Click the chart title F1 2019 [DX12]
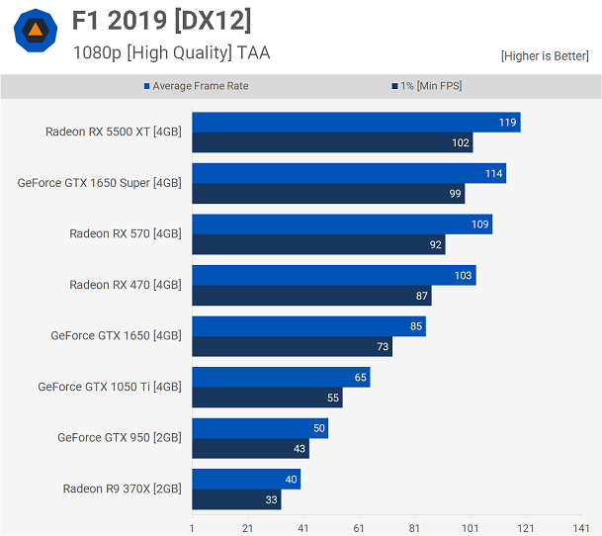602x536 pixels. point(162,20)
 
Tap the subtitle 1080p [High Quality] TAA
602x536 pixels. point(171,52)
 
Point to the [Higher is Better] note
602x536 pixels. point(545,56)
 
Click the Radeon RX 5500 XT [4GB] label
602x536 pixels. point(113,132)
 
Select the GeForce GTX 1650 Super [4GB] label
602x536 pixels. point(99,183)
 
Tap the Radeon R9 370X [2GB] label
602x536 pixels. point(122,489)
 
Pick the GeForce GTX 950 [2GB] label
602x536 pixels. point(119,437)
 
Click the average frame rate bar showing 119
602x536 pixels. point(356,123)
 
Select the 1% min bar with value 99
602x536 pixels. point(328,194)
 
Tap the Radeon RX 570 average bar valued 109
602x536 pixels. point(342,224)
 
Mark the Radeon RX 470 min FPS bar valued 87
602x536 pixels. point(311,296)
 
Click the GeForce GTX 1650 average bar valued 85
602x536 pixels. point(308,326)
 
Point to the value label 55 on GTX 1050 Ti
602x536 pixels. point(331,398)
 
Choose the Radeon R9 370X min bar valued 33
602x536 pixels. point(236,499)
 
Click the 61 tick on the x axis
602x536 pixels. point(359,528)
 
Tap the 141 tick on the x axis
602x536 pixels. point(581,528)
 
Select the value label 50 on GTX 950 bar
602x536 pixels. point(317,428)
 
